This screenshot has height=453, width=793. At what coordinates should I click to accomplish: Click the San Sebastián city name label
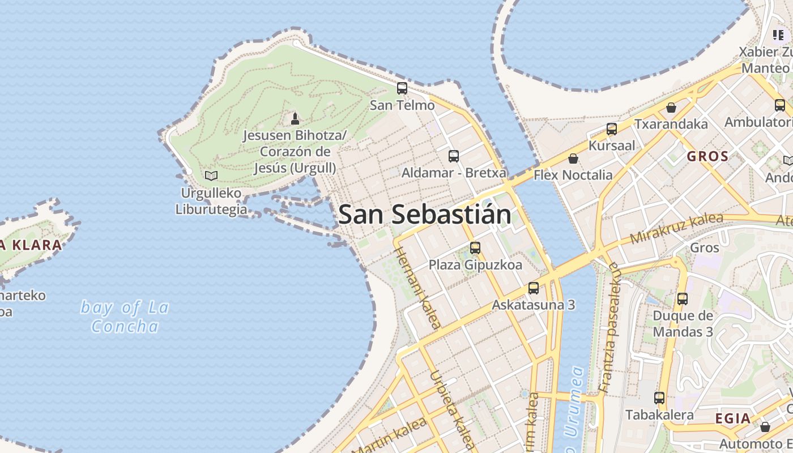425,215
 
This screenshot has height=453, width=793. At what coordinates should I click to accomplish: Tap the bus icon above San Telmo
402,88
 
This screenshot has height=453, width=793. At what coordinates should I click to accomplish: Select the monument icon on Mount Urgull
295,119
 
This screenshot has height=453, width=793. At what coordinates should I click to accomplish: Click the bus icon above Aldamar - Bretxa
454,156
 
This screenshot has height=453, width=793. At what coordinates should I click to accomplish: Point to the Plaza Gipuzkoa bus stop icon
475,248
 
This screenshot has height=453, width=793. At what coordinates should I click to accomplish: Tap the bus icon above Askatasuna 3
534,288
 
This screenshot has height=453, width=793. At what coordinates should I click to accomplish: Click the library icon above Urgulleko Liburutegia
211,176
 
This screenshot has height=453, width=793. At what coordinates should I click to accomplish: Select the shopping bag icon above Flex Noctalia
573,159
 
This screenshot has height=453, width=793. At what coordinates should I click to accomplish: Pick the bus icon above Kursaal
612,129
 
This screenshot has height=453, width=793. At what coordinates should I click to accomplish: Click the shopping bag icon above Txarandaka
671,108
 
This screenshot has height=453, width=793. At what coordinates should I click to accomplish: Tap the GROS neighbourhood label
707,157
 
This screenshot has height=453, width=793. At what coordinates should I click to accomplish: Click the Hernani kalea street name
417,287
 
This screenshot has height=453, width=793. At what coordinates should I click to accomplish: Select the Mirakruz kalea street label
676,228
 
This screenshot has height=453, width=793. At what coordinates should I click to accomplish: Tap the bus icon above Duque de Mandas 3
683,298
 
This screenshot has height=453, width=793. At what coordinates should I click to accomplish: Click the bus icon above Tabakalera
659,398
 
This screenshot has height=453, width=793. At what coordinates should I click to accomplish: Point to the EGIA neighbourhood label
733,419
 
